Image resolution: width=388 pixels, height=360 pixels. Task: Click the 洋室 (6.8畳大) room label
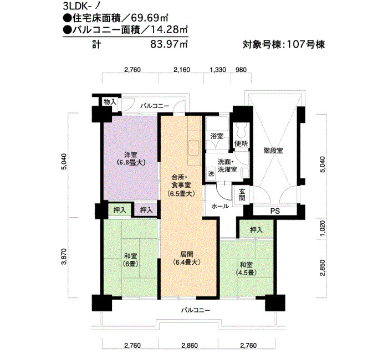tap(131, 159)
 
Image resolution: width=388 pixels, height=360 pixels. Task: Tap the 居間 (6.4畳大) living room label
tap(187, 259)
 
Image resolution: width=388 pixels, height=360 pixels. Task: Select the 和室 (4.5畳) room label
tap(246, 269)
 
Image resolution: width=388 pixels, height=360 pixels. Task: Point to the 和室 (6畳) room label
tap(130, 260)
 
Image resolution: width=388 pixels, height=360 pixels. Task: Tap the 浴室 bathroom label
tap(217, 136)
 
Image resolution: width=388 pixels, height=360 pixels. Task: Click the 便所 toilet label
tap(241, 143)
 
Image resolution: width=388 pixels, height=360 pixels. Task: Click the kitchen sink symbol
tap(194, 148)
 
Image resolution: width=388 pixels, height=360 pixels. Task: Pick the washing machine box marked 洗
tap(211, 173)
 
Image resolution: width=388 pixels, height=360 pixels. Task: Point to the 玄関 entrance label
tap(242, 194)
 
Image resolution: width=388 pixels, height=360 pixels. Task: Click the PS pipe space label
tap(275, 211)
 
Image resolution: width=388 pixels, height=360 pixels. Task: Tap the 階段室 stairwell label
tap(273, 151)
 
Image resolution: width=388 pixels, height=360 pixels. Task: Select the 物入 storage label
tap(110, 101)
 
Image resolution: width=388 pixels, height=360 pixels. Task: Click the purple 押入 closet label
tap(146, 210)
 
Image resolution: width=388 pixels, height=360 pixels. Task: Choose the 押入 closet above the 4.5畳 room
tap(256, 230)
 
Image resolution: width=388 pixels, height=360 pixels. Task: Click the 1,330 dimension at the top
tap(218, 70)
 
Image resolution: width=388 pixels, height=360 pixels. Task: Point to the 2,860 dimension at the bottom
tap(190, 345)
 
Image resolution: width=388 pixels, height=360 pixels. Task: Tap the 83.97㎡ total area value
tap(169, 44)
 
